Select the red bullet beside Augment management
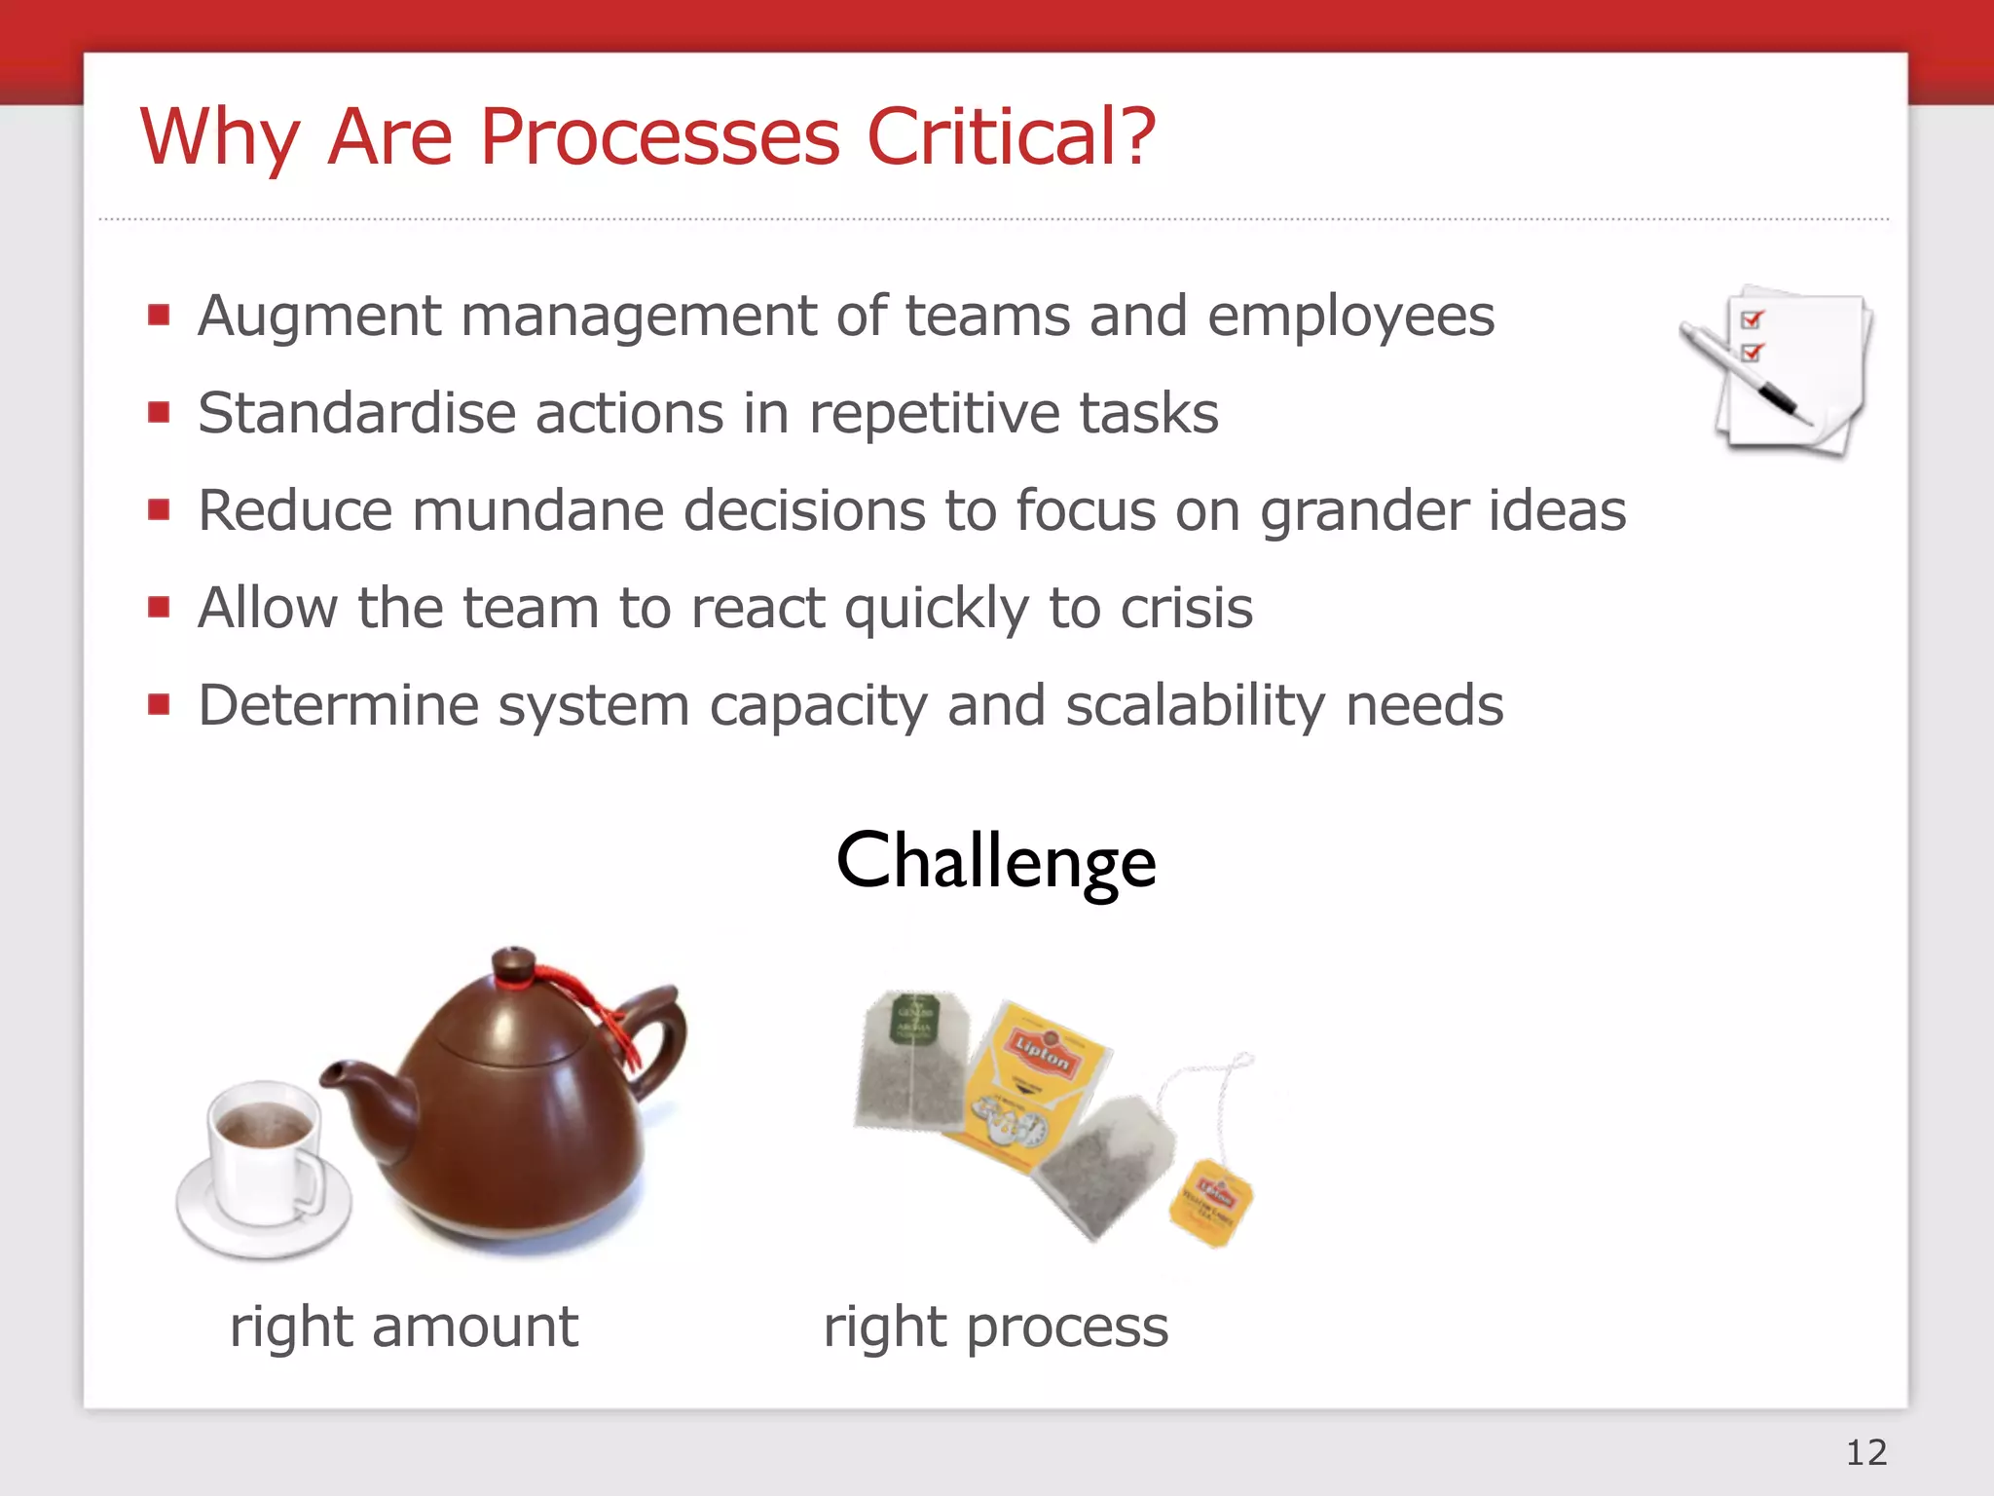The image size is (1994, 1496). point(159,315)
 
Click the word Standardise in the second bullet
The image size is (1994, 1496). point(356,413)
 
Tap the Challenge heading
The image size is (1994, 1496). point(996,861)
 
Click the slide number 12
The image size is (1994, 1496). point(1865,1452)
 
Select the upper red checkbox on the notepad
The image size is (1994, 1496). point(1752,319)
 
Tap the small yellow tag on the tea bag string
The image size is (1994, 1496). point(1210,1202)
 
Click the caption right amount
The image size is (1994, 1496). point(404,1327)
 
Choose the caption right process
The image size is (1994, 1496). point(996,1327)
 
